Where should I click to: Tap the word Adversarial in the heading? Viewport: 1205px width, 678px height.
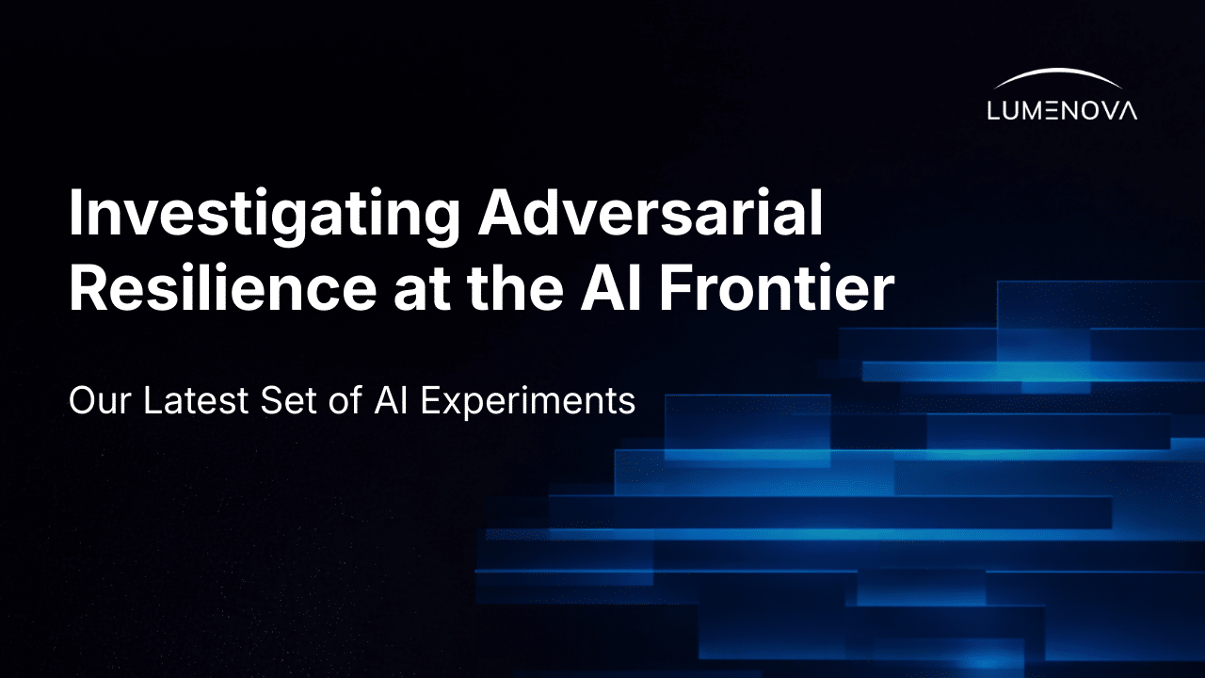[x=651, y=215]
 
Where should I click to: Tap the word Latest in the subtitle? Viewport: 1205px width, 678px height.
[x=192, y=401]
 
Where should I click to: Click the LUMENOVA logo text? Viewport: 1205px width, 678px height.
[x=1062, y=110]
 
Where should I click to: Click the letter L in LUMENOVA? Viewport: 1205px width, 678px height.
[x=994, y=110]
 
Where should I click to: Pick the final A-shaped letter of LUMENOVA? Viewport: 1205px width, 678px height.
[x=1127, y=110]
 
